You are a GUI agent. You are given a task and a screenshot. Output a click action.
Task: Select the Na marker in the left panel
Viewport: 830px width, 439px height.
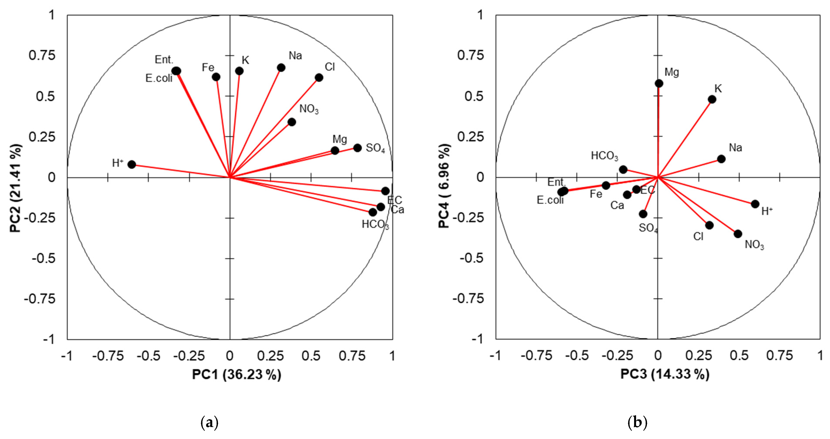tap(281, 68)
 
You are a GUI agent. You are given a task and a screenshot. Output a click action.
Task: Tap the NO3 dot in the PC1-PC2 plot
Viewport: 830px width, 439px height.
tap(292, 122)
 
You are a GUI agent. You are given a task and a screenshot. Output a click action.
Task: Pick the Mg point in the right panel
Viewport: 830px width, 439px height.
tap(659, 83)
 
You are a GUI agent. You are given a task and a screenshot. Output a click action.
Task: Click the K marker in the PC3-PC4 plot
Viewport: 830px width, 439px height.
tap(712, 99)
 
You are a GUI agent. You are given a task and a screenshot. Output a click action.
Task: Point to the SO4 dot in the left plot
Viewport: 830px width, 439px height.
tap(357, 148)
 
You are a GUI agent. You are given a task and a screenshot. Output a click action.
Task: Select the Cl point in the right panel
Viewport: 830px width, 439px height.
tap(709, 225)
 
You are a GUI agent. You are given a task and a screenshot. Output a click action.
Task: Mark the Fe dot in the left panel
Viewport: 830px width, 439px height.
tap(216, 77)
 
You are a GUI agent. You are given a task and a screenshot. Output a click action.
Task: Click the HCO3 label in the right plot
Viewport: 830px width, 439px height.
tap(604, 156)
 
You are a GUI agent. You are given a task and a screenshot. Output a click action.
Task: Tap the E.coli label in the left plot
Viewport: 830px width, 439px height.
tap(159, 78)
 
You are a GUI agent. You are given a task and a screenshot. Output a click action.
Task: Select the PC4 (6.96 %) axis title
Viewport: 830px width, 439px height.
tap(444, 186)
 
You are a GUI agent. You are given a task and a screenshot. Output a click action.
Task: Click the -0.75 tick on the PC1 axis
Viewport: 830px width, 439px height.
tap(108, 356)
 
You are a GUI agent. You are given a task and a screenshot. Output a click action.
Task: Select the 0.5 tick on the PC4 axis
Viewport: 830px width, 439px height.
tap(474, 96)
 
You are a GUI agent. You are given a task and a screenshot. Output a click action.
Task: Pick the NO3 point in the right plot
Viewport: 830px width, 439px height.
tap(738, 234)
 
